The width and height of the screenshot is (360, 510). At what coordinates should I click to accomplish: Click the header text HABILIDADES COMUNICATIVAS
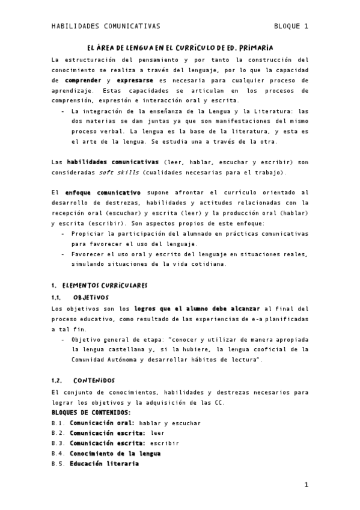click(x=106, y=26)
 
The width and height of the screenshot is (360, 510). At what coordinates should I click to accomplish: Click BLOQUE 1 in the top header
click(x=291, y=26)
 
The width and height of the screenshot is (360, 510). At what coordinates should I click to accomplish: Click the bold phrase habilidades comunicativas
click(x=112, y=162)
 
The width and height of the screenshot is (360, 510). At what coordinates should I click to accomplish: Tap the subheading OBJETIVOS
click(x=91, y=297)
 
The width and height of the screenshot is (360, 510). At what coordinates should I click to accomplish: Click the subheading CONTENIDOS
click(x=94, y=380)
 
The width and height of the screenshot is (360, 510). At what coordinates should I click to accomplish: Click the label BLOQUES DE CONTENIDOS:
click(x=91, y=413)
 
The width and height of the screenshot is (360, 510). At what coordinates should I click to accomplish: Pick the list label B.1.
click(x=58, y=423)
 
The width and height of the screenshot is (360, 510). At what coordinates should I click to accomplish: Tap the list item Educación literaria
click(x=104, y=464)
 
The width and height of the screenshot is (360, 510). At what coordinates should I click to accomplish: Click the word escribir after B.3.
click(x=165, y=443)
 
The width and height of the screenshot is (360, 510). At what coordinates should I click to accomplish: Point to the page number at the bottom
click(x=306, y=485)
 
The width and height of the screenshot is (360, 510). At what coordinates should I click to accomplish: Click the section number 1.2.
click(x=58, y=380)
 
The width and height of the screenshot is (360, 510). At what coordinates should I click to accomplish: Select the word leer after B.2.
click(x=157, y=433)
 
